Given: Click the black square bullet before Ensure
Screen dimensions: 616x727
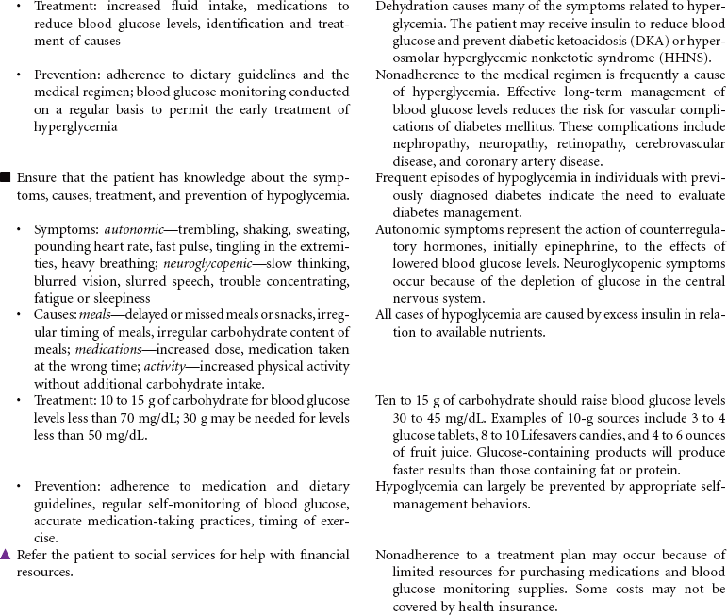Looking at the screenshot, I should tap(7, 177).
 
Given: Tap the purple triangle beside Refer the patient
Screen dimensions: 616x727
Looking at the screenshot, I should tap(7, 555).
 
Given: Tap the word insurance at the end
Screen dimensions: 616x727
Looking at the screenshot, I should tap(526, 608).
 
